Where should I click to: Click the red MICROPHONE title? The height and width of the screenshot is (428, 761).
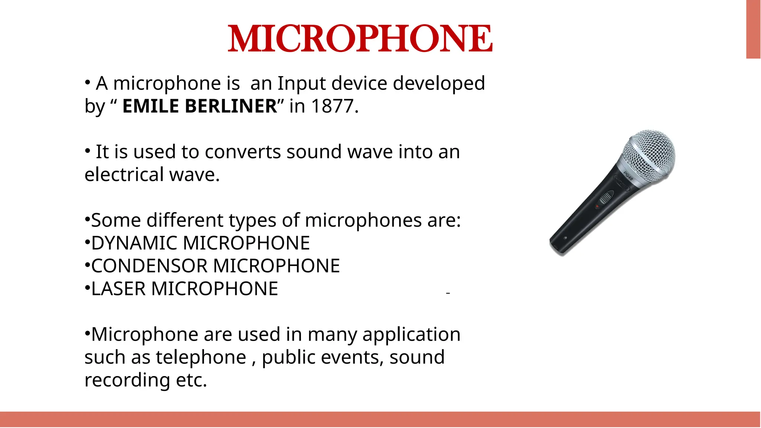(360, 39)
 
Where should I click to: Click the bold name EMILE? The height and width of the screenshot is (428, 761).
(150, 106)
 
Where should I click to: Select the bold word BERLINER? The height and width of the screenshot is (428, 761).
(231, 106)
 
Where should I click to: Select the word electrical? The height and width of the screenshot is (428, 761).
(124, 175)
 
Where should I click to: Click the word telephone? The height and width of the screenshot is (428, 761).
(201, 357)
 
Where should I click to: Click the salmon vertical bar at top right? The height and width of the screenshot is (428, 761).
(753, 29)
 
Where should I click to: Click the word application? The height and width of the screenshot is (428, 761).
(411, 335)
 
